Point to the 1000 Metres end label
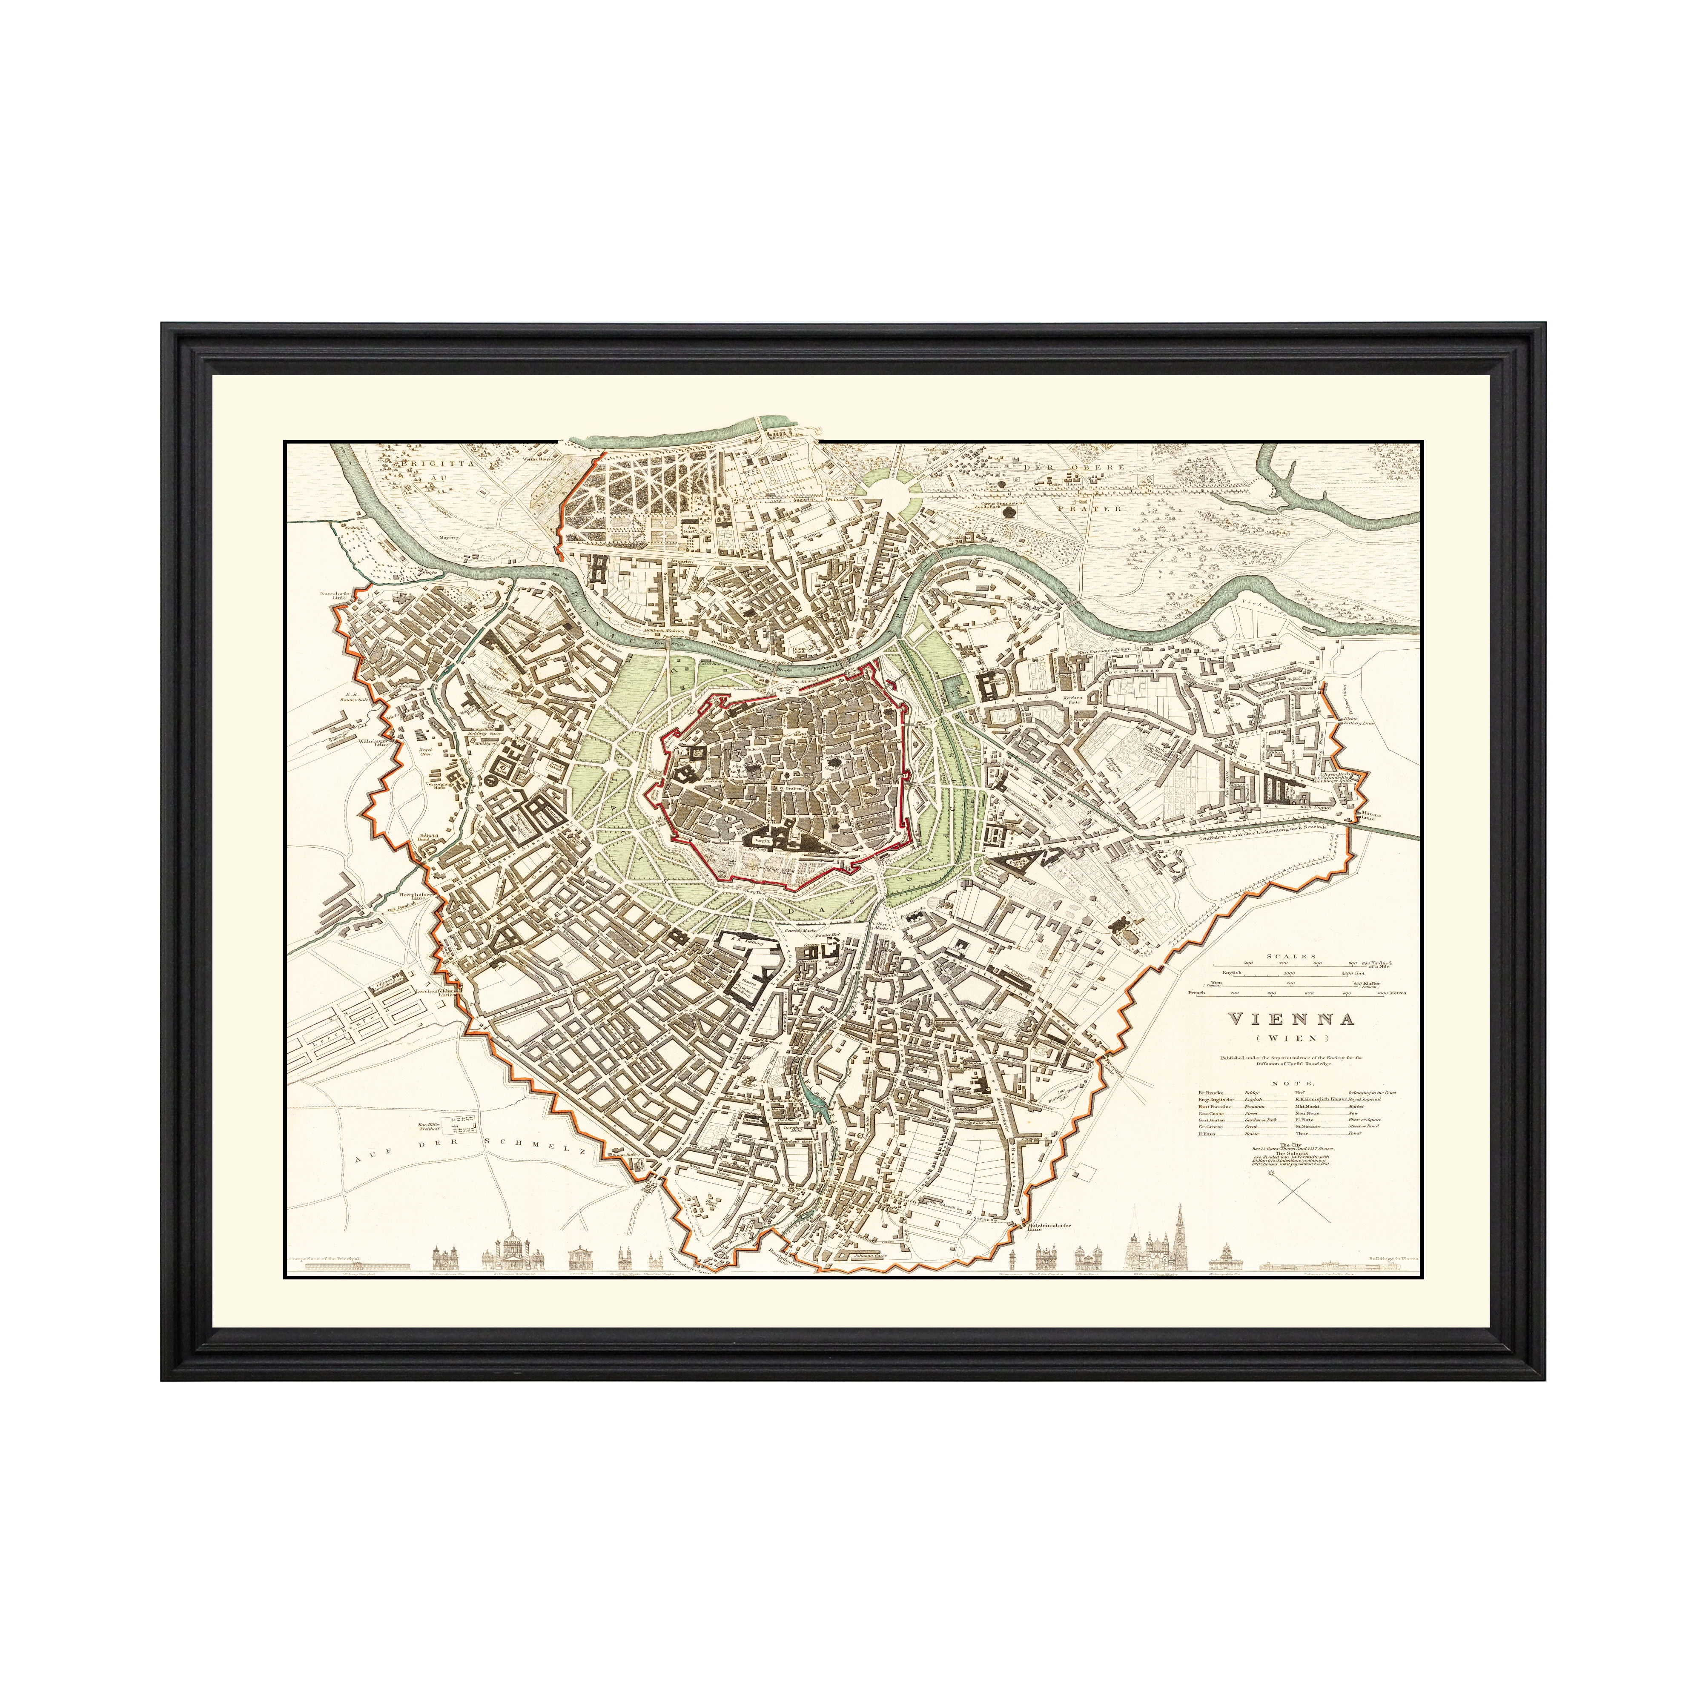point(1388,992)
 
